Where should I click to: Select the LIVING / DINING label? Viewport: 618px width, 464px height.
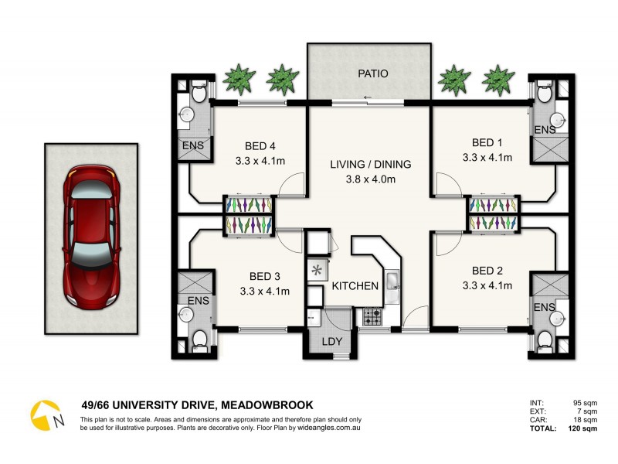pyautogui.click(x=371, y=164)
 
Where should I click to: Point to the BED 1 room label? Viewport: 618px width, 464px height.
pyautogui.click(x=487, y=142)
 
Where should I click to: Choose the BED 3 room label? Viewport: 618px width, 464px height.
pyautogui.click(x=264, y=276)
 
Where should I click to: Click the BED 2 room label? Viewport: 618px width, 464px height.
pyautogui.click(x=487, y=271)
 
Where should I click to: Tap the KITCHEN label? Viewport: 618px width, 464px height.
pyautogui.click(x=355, y=286)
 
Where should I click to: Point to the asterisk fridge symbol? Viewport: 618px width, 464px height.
pyautogui.click(x=316, y=271)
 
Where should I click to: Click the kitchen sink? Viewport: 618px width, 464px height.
pyautogui.click(x=391, y=285)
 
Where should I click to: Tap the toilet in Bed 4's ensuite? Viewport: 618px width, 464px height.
pyautogui.click(x=199, y=94)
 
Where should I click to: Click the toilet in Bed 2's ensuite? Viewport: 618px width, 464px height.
pyautogui.click(x=545, y=339)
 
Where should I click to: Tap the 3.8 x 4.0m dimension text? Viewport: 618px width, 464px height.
pyautogui.click(x=371, y=179)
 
